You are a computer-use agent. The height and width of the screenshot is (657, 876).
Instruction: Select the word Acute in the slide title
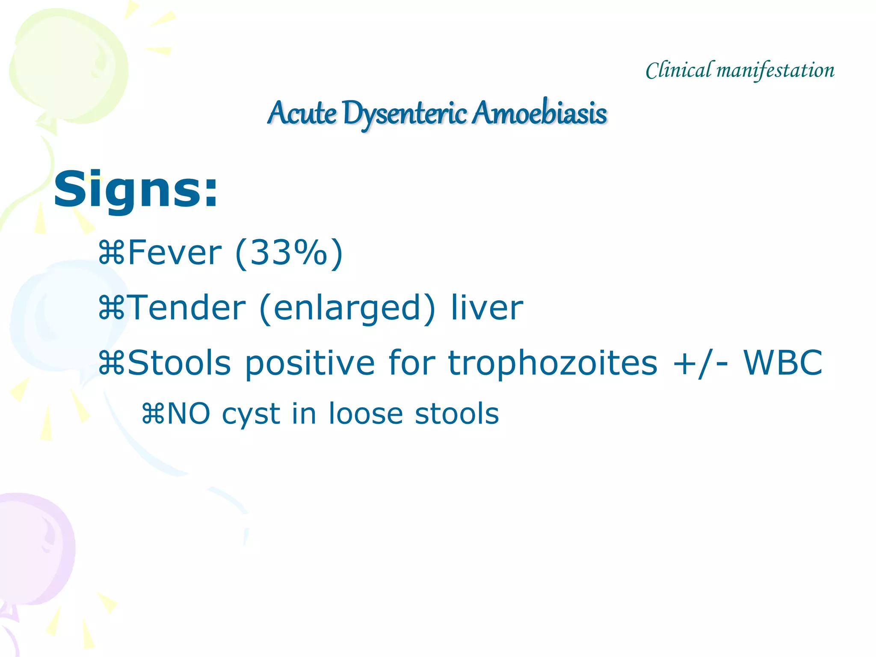302,113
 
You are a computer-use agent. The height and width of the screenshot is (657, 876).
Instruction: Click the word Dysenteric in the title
404,113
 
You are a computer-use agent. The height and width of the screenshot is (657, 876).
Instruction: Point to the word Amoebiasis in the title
539,113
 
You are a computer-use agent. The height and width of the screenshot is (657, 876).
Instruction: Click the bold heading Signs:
136,189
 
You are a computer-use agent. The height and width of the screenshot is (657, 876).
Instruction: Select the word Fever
175,253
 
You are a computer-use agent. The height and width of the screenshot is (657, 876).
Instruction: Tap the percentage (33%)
289,253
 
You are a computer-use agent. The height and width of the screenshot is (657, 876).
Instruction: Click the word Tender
187,308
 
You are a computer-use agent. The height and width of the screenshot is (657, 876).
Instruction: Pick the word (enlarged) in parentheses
347,308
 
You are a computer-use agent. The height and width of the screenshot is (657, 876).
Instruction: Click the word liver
487,308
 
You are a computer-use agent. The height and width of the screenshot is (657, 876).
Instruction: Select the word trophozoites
552,363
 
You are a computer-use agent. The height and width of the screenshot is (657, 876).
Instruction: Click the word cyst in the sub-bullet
251,414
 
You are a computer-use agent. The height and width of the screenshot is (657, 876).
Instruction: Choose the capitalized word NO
189,414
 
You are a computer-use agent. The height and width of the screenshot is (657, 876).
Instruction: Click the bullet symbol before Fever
111,253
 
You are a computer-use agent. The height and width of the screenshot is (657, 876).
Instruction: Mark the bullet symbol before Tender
111,308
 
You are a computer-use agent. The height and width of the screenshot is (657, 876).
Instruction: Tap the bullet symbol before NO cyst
153,414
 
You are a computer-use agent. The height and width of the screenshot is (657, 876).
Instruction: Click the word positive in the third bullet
310,363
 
